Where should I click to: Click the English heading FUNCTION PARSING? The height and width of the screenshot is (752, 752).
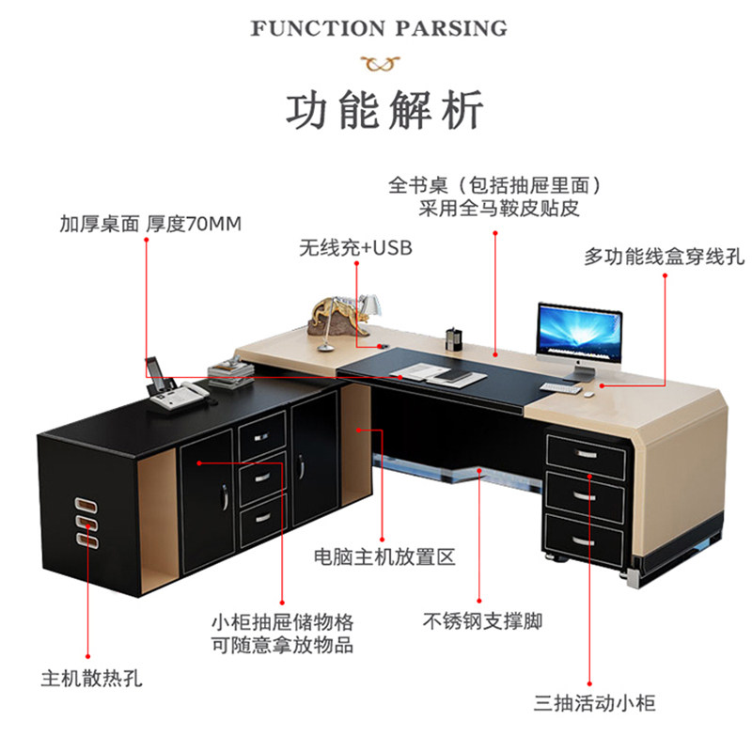click(379, 28)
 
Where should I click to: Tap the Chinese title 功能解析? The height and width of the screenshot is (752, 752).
click(384, 110)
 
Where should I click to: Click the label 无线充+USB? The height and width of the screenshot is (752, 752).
click(355, 249)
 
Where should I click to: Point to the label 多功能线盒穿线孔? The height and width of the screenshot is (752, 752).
click(664, 256)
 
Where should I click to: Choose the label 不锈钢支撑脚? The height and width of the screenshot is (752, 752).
click(482, 621)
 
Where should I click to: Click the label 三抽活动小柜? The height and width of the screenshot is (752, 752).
click(594, 703)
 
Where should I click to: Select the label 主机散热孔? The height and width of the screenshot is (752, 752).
click(91, 677)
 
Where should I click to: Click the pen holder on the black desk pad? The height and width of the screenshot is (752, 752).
click(455, 339)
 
